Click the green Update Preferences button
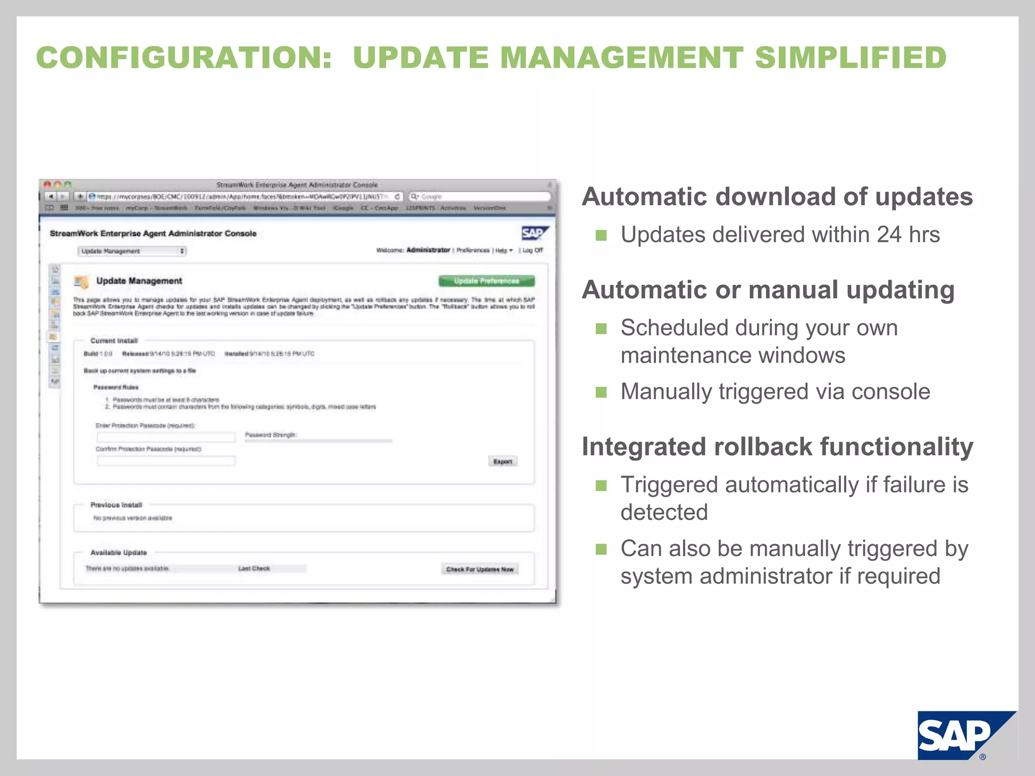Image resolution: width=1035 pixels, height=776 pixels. click(x=486, y=281)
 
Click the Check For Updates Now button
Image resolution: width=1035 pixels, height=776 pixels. click(x=480, y=569)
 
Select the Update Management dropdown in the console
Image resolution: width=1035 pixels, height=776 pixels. click(x=132, y=251)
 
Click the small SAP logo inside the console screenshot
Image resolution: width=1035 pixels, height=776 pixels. click(x=534, y=233)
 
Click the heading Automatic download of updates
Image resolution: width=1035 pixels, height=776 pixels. click(x=777, y=197)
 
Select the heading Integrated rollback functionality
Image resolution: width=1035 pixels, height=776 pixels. click(x=777, y=447)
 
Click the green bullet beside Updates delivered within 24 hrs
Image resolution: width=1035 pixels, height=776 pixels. click(x=601, y=235)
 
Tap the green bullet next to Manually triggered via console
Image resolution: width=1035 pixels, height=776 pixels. click(x=601, y=393)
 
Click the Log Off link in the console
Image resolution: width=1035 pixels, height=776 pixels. click(x=532, y=250)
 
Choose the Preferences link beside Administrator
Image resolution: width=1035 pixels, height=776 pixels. click(x=473, y=250)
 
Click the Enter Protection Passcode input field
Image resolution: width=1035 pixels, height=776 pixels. click(x=166, y=437)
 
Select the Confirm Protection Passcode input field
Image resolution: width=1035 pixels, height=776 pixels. click(x=166, y=461)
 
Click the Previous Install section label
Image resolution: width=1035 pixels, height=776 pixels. click(x=116, y=505)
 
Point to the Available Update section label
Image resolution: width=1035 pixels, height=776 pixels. click(x=119, y=553)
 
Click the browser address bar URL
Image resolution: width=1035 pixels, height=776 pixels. click(x=243, y=197)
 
